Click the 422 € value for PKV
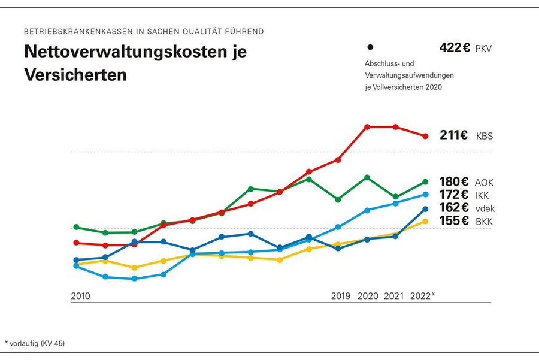[455, 48]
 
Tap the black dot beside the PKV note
[370, 47]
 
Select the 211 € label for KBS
[453, 135]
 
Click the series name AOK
[484, 183]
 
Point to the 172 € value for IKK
[453, 195]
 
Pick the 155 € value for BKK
[453, 221]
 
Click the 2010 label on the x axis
[81, 296]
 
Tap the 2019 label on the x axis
[341, 296]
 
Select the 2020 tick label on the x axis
[367, 296]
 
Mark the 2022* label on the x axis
[422, 296]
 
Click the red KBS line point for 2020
[367, 127]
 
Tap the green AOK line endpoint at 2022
[425, 181]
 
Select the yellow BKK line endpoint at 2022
[425, 221]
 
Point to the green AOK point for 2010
[76, 227]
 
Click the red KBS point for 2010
[76, 243]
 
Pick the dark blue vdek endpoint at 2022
[425, 208]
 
